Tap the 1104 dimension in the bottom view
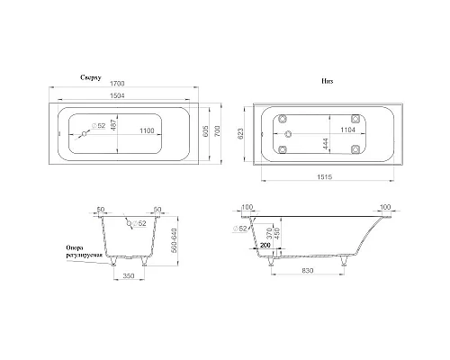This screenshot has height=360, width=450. click(325, 130)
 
